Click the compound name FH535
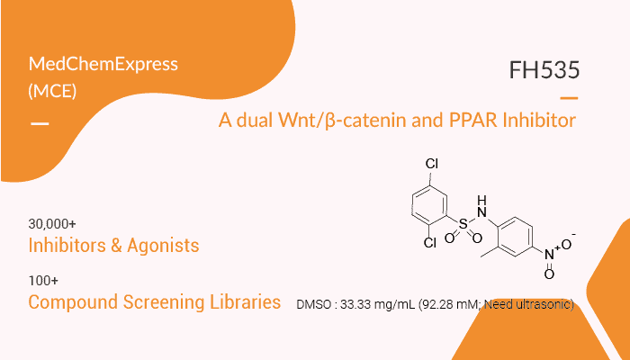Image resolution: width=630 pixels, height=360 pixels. [x=544, y=70]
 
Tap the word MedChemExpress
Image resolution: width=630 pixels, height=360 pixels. [x=103, y=64]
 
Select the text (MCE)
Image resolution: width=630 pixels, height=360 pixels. [x=52, y=91]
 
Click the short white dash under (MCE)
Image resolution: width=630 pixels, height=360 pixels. [x=40, y=124]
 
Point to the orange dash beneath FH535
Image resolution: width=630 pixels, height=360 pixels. [x=569, y=98]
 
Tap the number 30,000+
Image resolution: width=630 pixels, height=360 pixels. [x=52, y=224]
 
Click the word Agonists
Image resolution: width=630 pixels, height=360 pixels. [x=163, y=246]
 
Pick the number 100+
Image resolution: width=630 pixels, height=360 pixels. [x=43, y=281]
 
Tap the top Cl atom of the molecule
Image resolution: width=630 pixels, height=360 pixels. [x=432, y=164]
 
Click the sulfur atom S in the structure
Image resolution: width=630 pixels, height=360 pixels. [x=463, y=224]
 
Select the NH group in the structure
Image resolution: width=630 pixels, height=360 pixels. [x=481, y=206]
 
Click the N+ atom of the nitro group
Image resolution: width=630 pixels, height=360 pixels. [x=551, y=254]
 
